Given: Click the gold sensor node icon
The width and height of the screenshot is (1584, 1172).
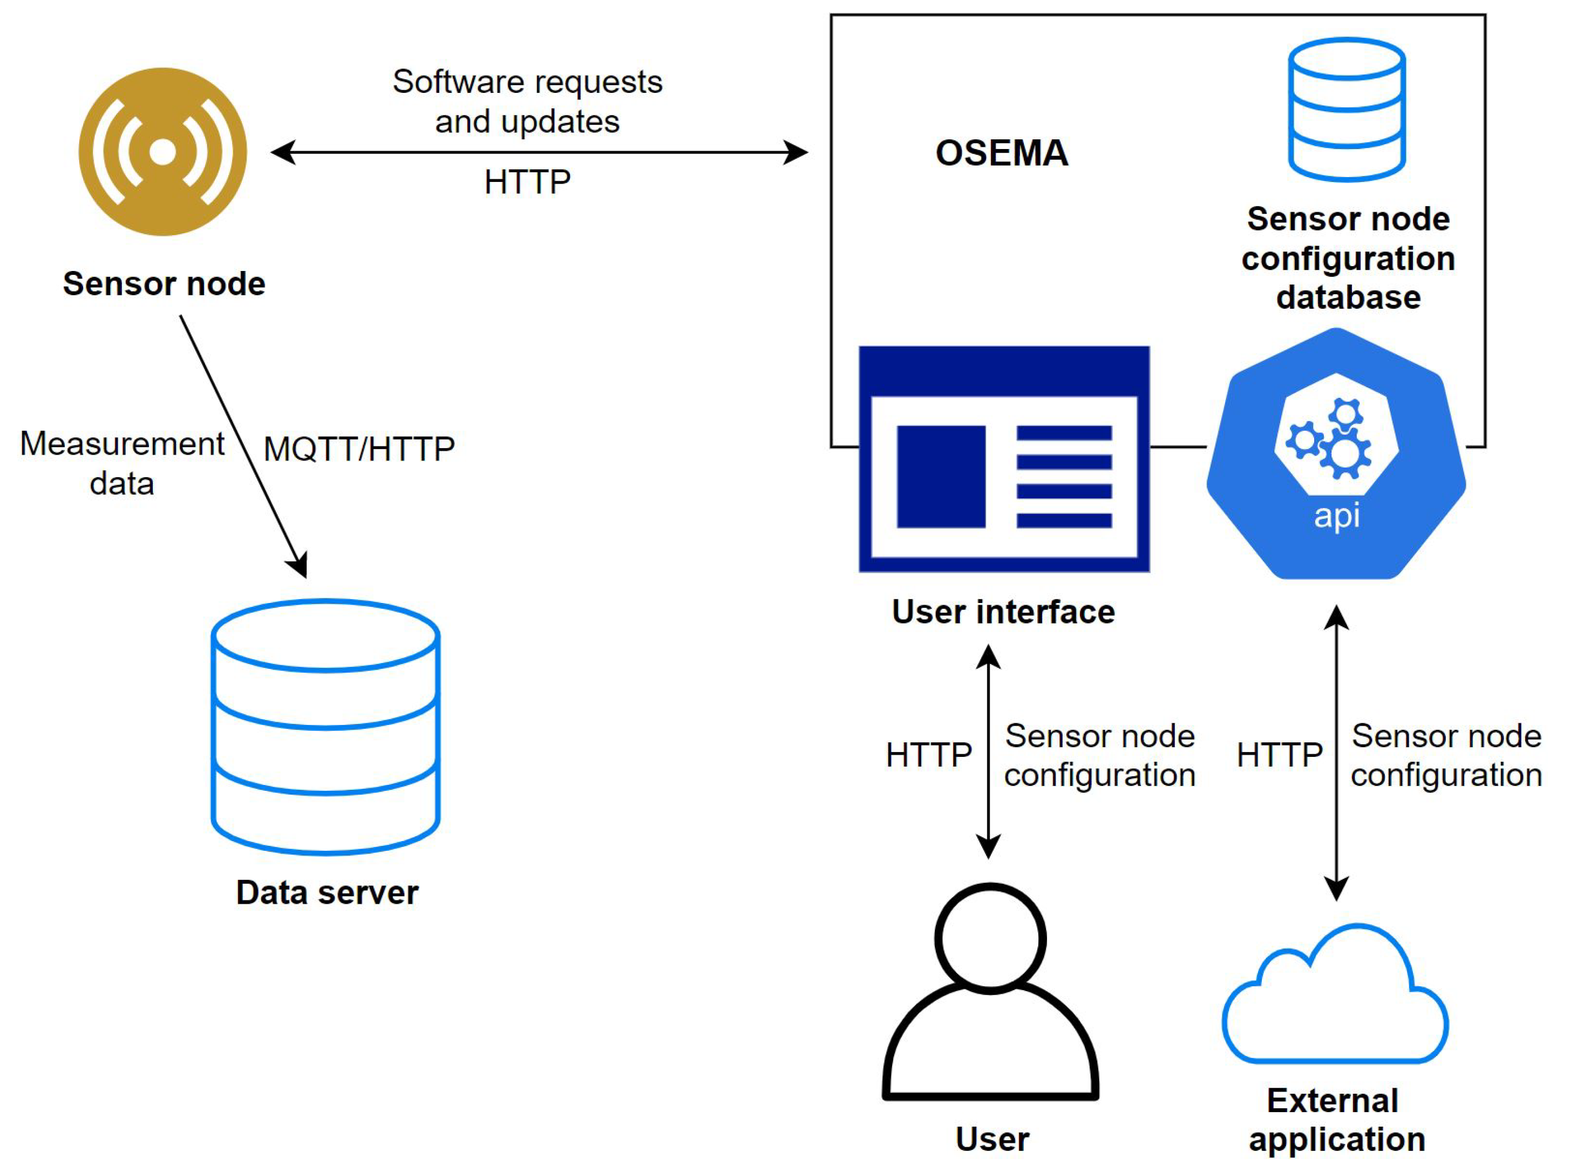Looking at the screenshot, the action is click(163, 152).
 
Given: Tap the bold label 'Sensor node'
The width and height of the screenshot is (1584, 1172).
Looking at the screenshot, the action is click(164, 284).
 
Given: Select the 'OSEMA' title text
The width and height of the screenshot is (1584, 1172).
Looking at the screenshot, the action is click(1001, 153).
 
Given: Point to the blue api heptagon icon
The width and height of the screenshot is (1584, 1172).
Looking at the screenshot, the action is click(1336, 454).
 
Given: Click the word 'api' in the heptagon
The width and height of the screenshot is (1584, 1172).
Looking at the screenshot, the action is click(1336, 516).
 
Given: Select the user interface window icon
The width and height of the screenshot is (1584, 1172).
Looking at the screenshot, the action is click(1004, 459).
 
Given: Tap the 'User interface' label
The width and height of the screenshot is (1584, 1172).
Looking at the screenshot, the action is click(1003, 612).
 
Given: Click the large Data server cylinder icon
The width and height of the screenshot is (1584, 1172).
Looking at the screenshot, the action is click(325, 727).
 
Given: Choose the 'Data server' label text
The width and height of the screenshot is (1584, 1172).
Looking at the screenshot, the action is click(327, 892).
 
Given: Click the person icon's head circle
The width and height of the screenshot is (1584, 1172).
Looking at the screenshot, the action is click(990, 938).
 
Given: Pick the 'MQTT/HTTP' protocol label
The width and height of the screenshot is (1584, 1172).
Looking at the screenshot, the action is click(359, 449).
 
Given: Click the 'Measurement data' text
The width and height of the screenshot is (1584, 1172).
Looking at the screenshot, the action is click(122, 464).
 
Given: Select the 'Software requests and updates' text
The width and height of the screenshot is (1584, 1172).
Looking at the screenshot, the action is click(527, 101).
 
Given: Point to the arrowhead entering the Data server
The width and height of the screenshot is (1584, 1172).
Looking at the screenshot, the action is click(298, 565).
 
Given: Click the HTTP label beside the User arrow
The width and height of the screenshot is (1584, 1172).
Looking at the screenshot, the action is click(929, 755).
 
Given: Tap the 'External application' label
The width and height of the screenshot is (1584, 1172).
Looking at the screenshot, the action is click(1336, 1120).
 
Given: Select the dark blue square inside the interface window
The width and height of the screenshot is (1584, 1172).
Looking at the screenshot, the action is click(941, 477).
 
